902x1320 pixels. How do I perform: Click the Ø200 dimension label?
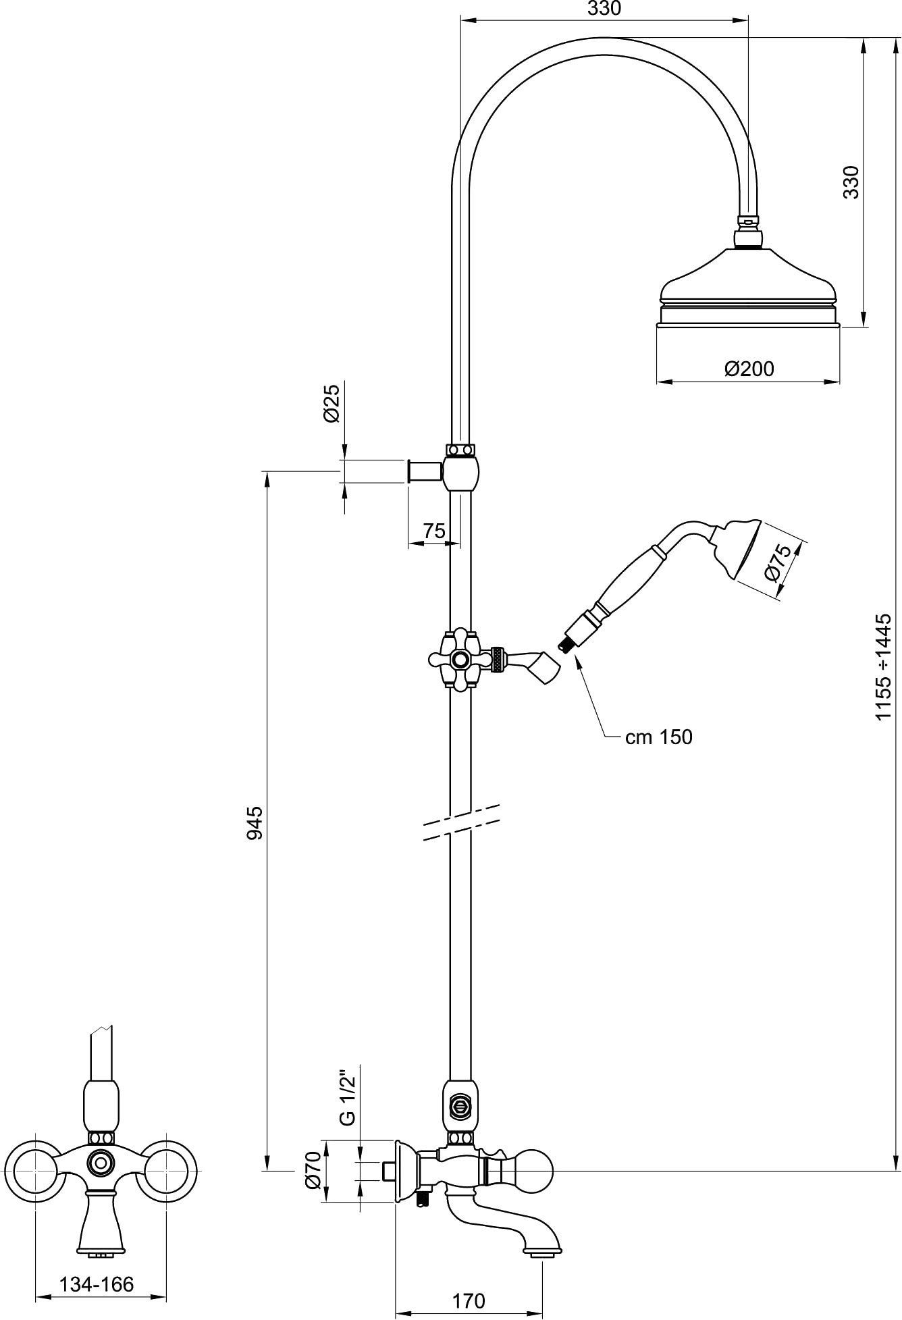click(x=749, y=369)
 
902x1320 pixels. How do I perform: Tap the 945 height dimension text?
click(x=255, y=822)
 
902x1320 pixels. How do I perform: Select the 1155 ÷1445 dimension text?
click(x=884, y=666)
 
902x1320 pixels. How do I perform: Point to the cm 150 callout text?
click(x=658, y=737)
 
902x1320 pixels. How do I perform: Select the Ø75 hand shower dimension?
click(x=780, y=562)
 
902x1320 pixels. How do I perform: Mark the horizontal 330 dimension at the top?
click(x=604, y=9)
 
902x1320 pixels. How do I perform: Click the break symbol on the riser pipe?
click(x=461, y=822)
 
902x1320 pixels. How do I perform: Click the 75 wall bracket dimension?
click(x=434, y=531)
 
